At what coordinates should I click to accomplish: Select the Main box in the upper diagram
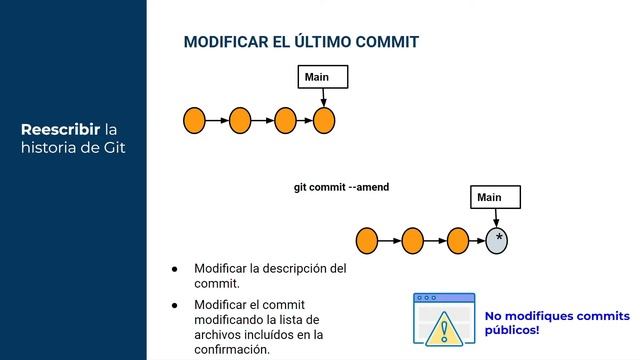323,77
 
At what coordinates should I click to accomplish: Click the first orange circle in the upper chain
195,121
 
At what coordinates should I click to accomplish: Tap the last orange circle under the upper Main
323,121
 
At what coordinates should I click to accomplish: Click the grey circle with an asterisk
497,240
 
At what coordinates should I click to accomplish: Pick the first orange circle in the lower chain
367,240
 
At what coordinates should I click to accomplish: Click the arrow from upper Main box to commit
323,98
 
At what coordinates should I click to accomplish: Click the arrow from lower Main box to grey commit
496,218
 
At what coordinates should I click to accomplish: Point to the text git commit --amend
341,187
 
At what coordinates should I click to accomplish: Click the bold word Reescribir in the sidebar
63,130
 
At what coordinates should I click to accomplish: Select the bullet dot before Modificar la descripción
174,269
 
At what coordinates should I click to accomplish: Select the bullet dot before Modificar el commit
174,304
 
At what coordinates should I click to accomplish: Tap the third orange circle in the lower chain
458,240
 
